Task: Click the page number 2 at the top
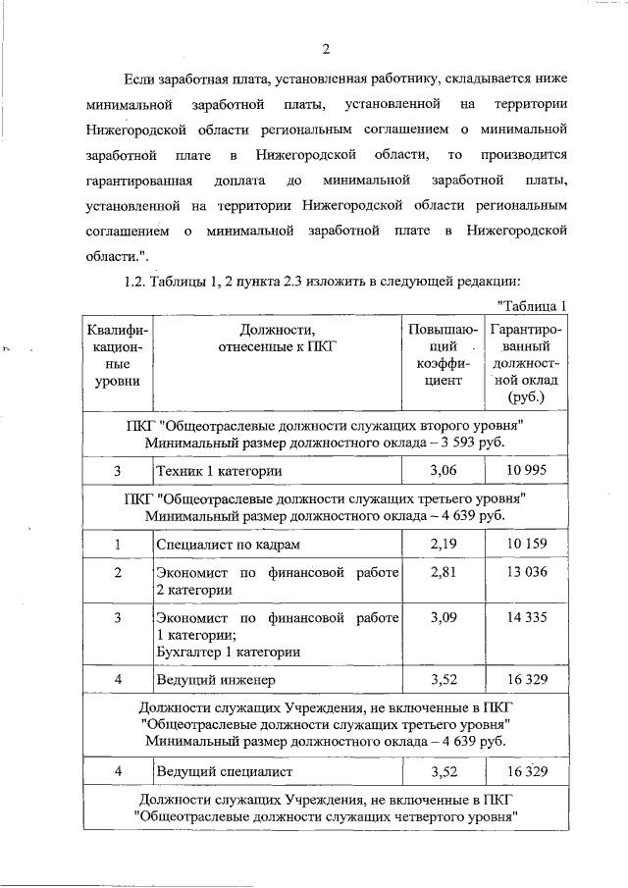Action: click(326, 49)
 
